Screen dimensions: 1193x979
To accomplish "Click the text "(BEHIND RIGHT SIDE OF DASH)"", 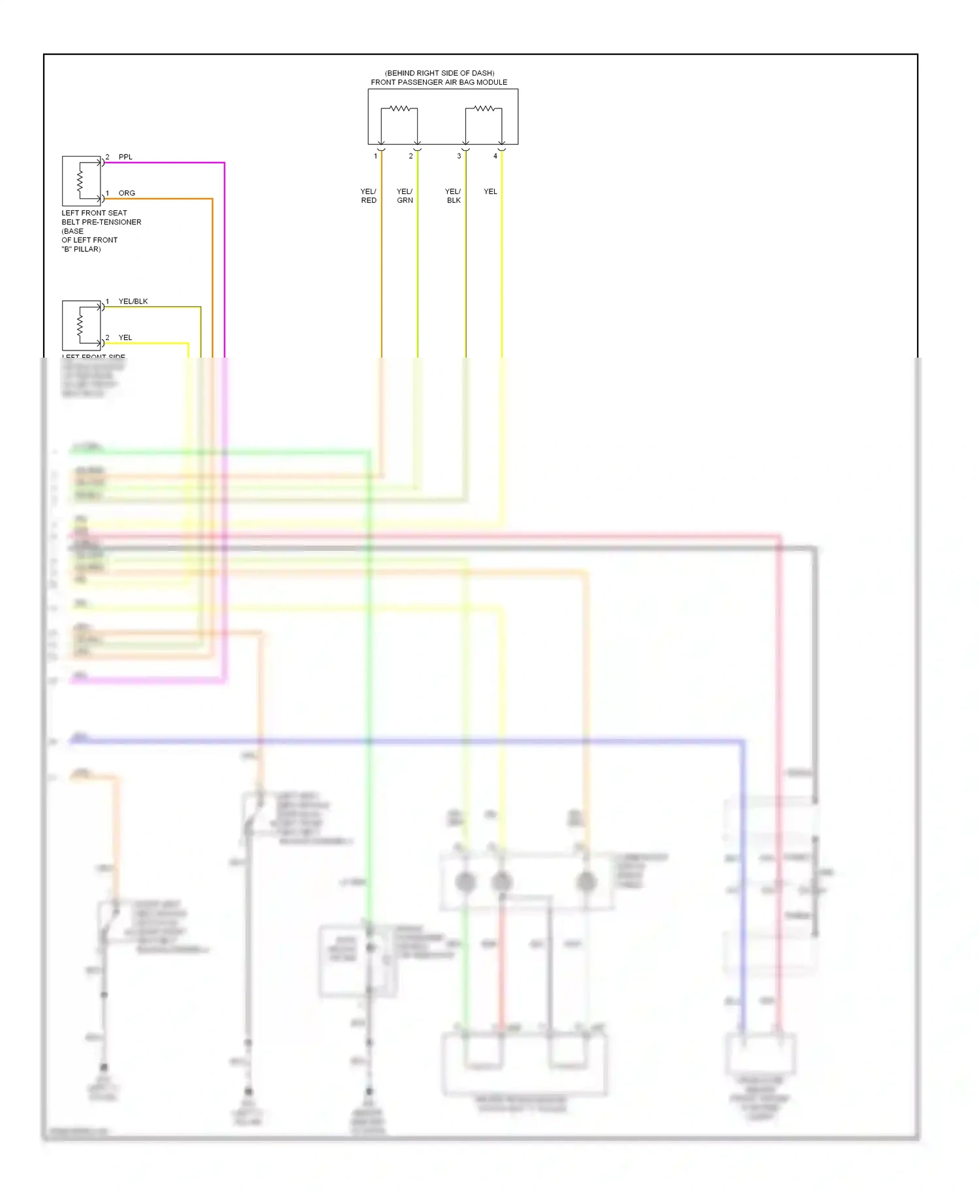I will coord(439,73).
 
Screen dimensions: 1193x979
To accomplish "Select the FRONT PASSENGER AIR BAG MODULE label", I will coord(439,82).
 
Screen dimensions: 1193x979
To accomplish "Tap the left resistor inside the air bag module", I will coord(399,108).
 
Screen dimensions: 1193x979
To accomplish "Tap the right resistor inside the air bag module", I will coord(484,108).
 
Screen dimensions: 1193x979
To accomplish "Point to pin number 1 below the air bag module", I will coord(375,157).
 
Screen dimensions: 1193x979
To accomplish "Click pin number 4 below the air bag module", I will coord(495,157).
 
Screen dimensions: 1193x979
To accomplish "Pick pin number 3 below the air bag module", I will coord(459,157).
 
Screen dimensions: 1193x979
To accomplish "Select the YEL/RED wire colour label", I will coord(369,196).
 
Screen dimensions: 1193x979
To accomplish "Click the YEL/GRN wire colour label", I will coord(405,196).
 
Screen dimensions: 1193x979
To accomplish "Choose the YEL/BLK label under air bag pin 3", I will coord(454,196).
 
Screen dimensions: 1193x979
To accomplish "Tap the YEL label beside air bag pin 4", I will coord(490,192).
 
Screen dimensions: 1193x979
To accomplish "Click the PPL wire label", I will coord(125,157).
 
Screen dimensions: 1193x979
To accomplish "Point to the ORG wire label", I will coord(127,193).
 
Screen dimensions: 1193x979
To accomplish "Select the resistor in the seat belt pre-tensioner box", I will coord(80,180).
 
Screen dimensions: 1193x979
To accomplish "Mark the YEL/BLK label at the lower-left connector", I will coord(133,302).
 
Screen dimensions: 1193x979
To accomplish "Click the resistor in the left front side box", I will coord(80,324).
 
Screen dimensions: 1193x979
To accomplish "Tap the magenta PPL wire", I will coord(224,261).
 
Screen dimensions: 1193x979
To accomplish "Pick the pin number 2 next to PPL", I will coord(108,157).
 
